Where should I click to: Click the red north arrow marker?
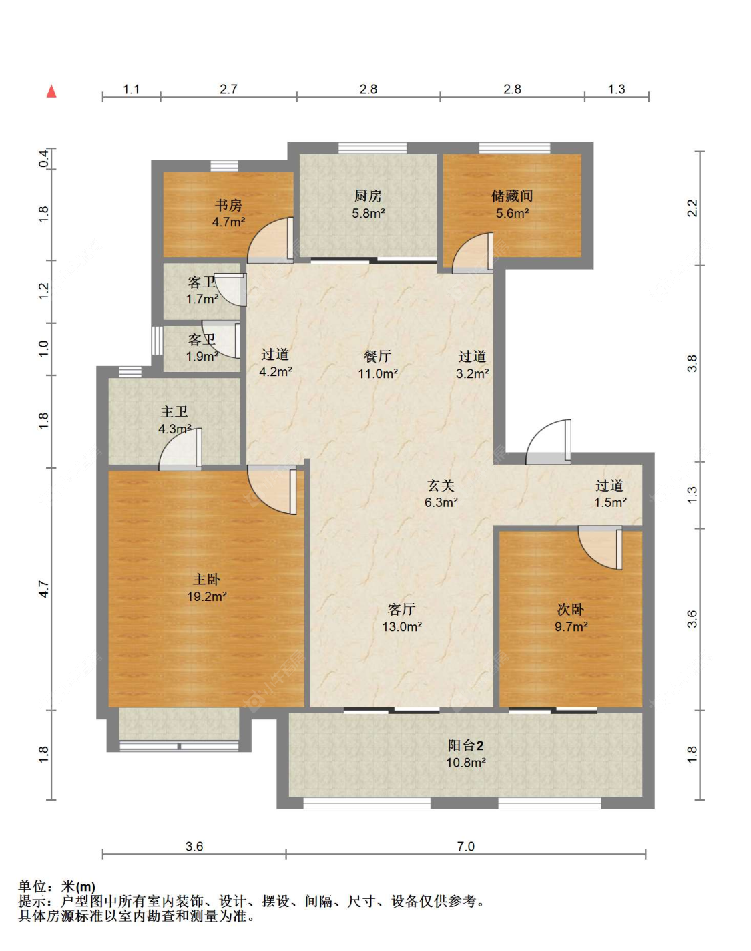pos(51,91)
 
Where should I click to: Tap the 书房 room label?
pos(228,206)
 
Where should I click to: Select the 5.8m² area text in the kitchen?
pos(368,214)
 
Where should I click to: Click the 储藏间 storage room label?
pos(512,196)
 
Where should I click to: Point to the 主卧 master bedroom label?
pos(206,580)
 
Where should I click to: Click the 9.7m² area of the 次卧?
pos(571,626)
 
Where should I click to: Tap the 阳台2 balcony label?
pos(466,745)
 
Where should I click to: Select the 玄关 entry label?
pos(441,486)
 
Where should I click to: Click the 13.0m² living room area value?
pos(402,626)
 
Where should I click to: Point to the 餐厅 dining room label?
pos(377,356)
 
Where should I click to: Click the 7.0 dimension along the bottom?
pos(466,847)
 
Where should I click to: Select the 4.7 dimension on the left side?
pos(44,589)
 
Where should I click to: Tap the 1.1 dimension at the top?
pos(132,89)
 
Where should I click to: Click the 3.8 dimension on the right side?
pos(692,364)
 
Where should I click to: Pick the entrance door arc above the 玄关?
pos(548,442)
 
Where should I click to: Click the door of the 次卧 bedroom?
pos(600,548)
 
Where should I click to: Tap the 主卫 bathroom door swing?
pos(180,449)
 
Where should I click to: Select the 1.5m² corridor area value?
pos(611,502)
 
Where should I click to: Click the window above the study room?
pos(224,166)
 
